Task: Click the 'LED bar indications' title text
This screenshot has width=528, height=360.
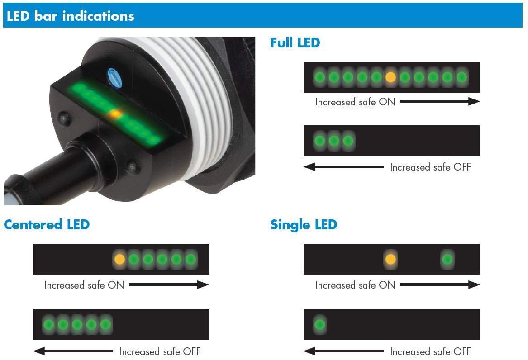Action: (x=70, y=16)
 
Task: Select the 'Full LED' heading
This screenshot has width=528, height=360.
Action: (x=295, y=43)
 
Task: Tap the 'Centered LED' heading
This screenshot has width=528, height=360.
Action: (x=47, y=224)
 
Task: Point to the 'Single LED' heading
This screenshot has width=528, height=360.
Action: (x=304, y=224)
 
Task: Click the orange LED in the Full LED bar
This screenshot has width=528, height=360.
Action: (x=390, y=77)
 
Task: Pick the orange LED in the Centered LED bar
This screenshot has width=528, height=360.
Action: (x=119, y=259)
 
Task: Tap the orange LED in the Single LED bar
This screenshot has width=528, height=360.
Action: (x=390, y=259)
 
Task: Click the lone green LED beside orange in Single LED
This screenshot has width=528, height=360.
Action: (x=447, y=259)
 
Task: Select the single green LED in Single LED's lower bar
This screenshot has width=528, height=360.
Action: (x=319, y=324)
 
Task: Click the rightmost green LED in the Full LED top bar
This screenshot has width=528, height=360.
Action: (x=461, y=77)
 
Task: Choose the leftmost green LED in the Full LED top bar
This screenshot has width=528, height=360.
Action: (x=319, y=77)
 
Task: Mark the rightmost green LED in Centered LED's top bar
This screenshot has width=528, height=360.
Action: (x=190, y=259)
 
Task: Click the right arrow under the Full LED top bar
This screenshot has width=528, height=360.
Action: (x=439, y=102)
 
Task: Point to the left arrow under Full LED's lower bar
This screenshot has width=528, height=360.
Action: (x=343, y=167)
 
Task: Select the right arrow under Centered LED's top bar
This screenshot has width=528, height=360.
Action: (x=169, y=284)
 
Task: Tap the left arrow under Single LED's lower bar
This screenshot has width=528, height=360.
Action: (x=343, y=351)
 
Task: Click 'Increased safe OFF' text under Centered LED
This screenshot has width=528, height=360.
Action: (x=160, y=351)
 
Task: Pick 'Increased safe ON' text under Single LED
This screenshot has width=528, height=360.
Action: (x=355, y=285)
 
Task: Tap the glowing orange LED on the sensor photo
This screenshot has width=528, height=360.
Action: (x=116, y=114)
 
